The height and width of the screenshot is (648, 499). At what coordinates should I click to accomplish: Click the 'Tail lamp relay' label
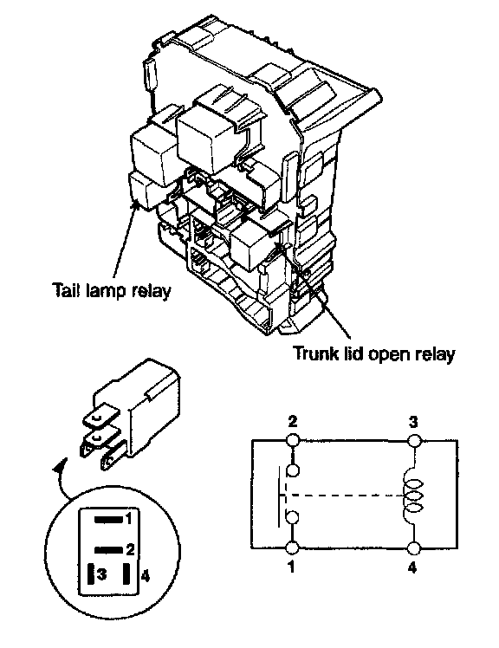[112, 291]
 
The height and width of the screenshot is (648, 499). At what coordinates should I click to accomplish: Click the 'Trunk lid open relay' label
[374, 353]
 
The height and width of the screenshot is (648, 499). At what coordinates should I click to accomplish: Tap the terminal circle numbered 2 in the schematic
[292, 440]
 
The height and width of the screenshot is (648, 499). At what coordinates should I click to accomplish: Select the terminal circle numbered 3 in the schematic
[414, 441]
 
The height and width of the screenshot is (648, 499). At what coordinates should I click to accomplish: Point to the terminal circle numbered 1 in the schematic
[292, 548]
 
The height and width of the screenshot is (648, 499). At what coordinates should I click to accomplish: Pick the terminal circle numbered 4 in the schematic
[413, 548]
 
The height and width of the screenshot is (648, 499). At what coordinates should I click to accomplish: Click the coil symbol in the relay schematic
[412, 495]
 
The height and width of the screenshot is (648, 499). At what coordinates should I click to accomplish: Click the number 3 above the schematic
[413, 422]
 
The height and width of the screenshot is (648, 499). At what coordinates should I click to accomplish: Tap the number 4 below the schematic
[412, 567]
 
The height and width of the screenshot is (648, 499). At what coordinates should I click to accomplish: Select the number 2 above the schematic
[292, 422]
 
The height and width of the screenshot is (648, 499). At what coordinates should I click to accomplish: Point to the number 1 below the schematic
[291, 567]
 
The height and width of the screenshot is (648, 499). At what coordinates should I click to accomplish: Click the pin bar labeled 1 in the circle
[109, 520]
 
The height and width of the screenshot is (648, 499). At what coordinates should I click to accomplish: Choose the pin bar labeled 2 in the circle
[109, 549]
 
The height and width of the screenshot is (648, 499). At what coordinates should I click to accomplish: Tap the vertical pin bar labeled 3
[91, 575]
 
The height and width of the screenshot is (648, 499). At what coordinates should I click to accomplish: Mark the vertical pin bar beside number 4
[127, 574]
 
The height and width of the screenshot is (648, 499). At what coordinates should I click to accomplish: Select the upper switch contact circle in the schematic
[292, 470]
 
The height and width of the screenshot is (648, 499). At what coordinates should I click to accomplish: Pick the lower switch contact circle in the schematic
[292, 517]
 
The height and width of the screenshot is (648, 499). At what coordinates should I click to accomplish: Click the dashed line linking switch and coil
[343, 495]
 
